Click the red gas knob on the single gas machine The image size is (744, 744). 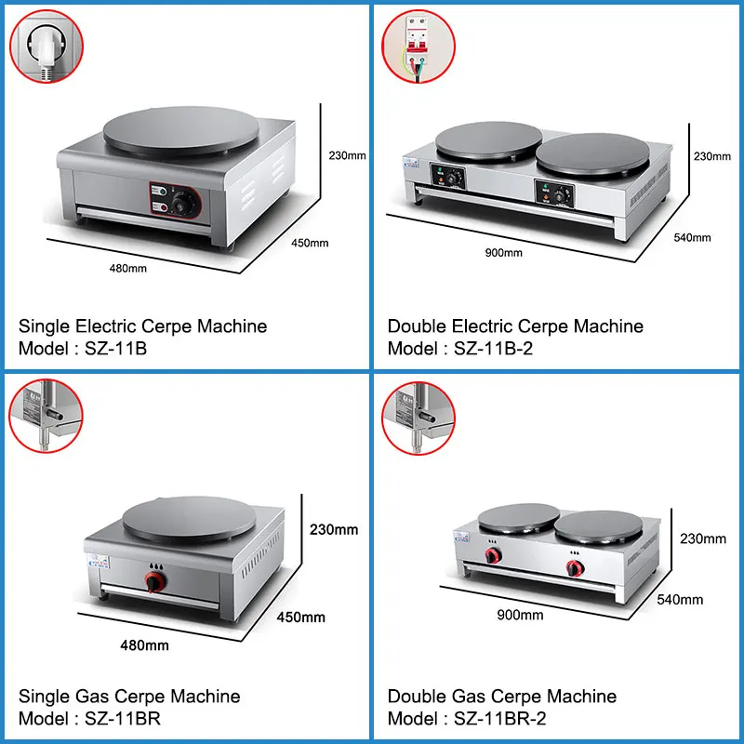pos(151,582)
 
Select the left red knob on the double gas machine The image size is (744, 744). pos(491,556)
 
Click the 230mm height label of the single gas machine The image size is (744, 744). pos(333,530)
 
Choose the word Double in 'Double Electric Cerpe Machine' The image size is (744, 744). pos(416,326)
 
